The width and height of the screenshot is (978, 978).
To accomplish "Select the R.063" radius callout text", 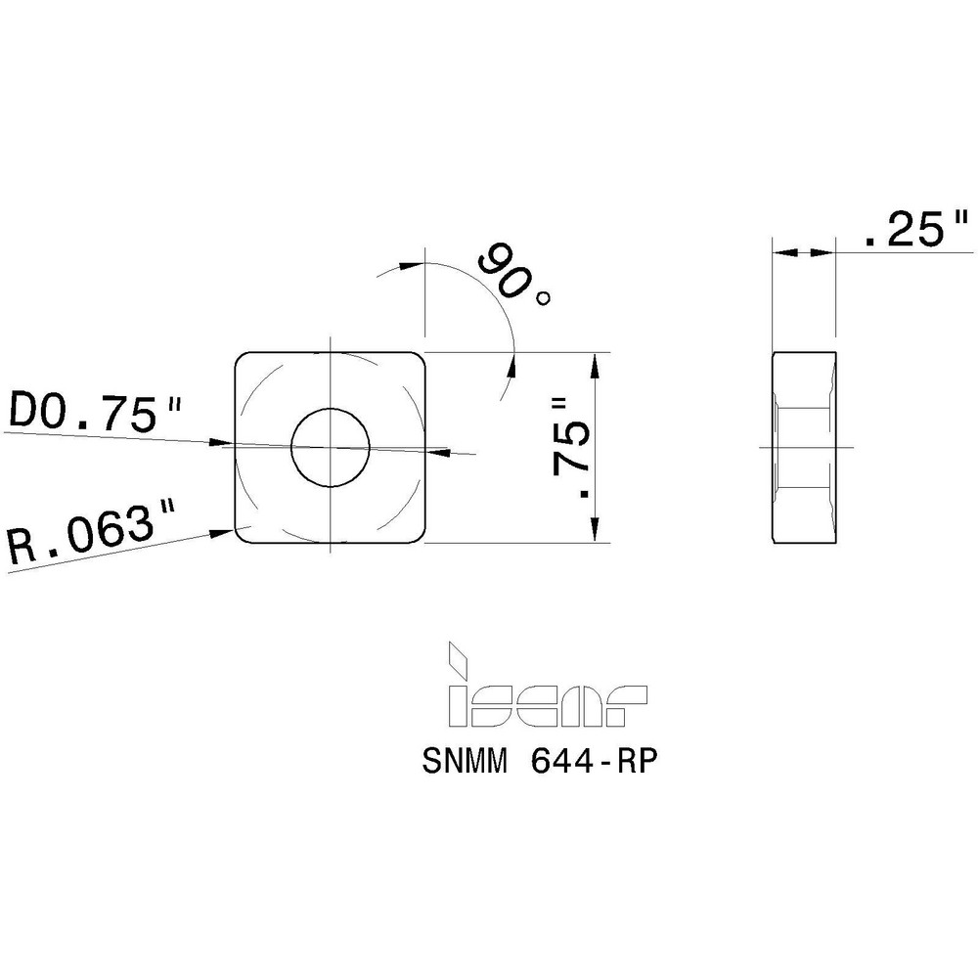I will coord(93,535).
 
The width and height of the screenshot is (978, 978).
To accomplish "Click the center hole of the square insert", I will coord(331,447).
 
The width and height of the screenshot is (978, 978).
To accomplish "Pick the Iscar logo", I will coord(545,694).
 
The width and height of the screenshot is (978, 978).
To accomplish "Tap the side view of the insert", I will coord(804,447).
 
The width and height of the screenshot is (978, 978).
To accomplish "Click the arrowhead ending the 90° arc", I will coord(511,362).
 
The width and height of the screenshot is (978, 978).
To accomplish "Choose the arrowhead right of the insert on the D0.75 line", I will coord(438,452).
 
